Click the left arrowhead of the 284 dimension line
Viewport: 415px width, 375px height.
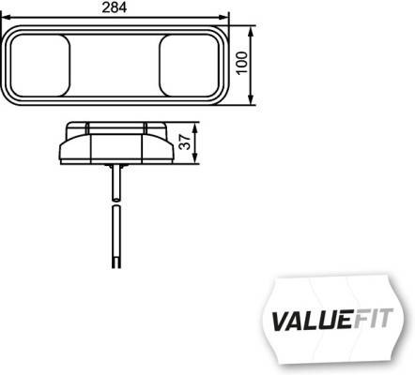pyautogui.click(x=6, y=19)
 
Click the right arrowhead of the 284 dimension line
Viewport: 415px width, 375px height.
pyautogui.click(x=225, y=19)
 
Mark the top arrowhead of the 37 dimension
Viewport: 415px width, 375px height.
pyautogui.click(x=195, y=126)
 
